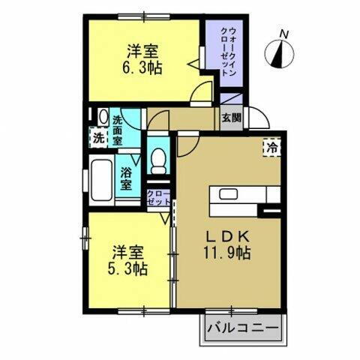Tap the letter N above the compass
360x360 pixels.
click(283, 32)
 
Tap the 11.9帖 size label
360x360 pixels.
click(230, 253)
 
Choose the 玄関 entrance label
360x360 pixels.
click(231, 118)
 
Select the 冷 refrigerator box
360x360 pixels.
click(271, 148)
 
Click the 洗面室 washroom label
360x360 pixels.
click(119, 130)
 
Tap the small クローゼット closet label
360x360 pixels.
click(158, 199)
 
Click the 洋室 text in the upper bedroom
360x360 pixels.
click(142, 50)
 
